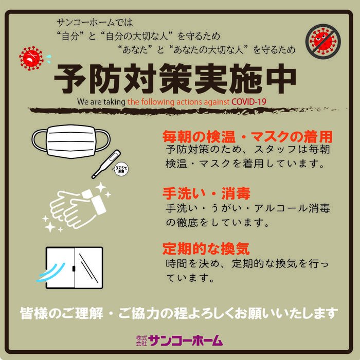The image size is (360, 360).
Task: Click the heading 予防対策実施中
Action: [175, 79]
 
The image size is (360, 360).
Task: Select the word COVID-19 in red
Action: [249, 101]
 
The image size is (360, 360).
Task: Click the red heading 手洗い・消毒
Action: [206, 194]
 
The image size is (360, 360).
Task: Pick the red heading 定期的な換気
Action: [206, 249]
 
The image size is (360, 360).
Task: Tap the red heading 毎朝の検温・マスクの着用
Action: [247, 137]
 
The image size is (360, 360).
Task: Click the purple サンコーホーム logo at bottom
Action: [186, 340]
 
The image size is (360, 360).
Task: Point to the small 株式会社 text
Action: [141, 340]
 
